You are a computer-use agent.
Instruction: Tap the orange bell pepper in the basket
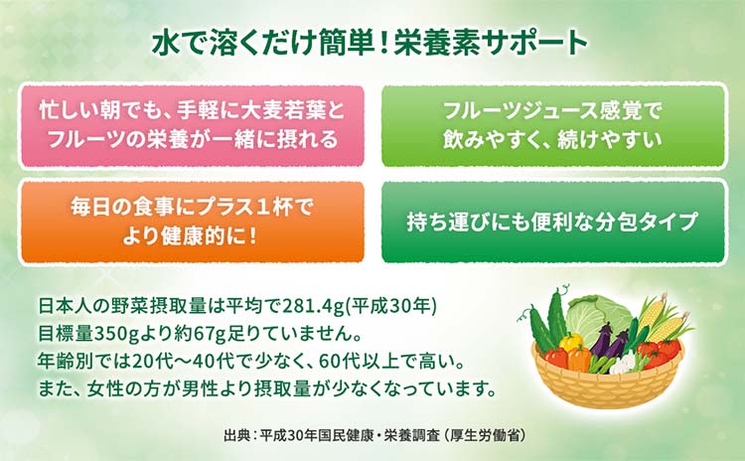(579, 359)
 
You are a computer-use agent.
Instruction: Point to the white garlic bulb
(623, 364)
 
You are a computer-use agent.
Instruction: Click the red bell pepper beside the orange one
(556, 358)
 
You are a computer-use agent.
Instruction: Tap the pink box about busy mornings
(192, 126)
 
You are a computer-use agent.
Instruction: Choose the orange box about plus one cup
(192, 221)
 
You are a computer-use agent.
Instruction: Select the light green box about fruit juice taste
(554, 126)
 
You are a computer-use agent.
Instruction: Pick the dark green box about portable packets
(554, 221)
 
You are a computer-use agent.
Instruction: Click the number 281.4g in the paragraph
(314, 307)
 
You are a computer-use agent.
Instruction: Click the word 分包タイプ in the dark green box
(646, 222)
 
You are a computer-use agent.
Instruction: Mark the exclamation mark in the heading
(385, 43)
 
